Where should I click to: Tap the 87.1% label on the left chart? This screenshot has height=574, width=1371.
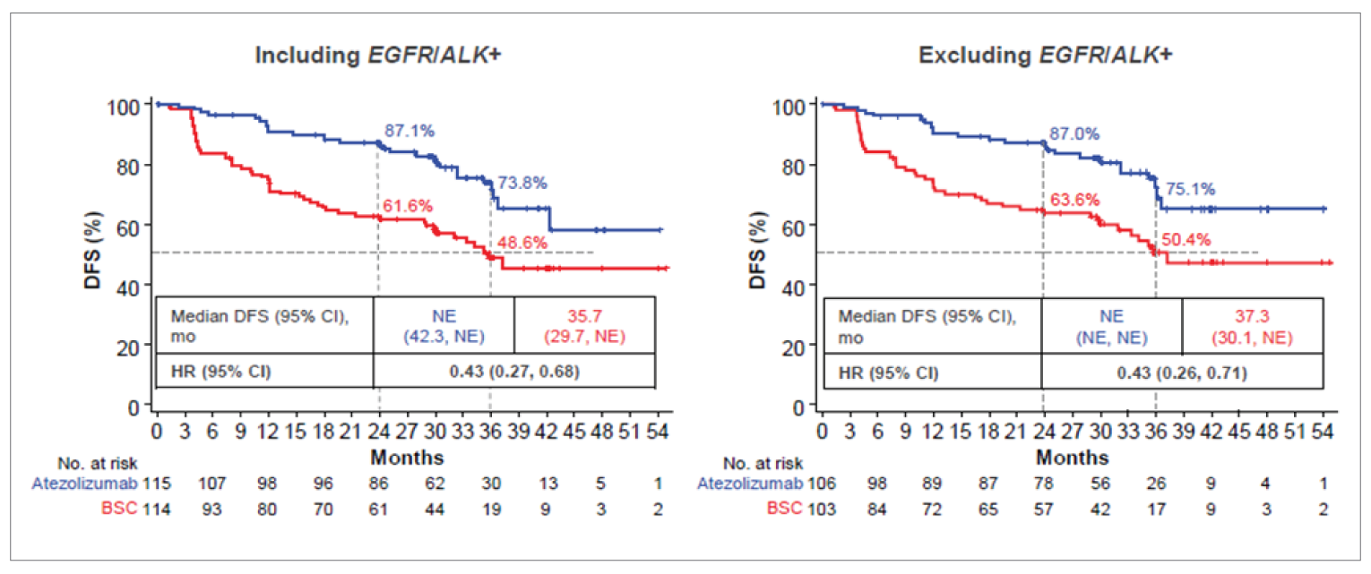410,131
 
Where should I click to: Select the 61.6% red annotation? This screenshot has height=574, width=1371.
408,206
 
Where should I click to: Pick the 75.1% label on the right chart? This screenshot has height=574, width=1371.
1190,189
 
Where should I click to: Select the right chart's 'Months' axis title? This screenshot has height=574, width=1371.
1073,458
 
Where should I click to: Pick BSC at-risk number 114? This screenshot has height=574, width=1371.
156,509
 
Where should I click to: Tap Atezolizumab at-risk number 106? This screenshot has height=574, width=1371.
823,484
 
